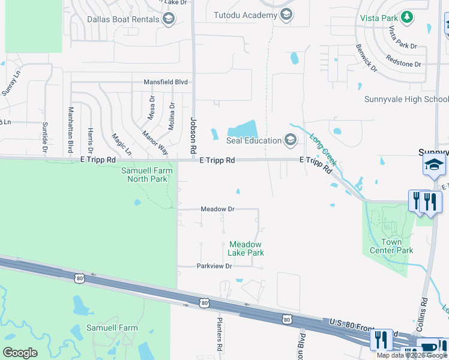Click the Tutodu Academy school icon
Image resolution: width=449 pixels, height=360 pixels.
(x=286, y=14)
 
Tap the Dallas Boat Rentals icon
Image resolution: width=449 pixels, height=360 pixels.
(x=169, y=19)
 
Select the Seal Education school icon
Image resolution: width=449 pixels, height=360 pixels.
(x=291, y=140)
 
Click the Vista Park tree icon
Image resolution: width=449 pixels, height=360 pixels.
(x=407, y=17)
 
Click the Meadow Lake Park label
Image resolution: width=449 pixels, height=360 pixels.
(x=246, y=248)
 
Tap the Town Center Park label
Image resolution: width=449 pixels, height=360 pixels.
(x=391, y=246)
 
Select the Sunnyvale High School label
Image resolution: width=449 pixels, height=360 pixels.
(x=406, y=99)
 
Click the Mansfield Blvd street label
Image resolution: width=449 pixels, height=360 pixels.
(x=166, y=82)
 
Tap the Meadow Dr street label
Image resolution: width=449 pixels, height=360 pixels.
(x=217, y=209)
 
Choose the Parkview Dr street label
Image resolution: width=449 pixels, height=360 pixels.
(x=214, y=266)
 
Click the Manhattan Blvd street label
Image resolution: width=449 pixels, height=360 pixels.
(x=70, y=129)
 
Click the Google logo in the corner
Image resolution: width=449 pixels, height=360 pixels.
(x=20, y=353)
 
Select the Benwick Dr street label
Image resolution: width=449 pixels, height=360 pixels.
(x=366, y=58)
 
